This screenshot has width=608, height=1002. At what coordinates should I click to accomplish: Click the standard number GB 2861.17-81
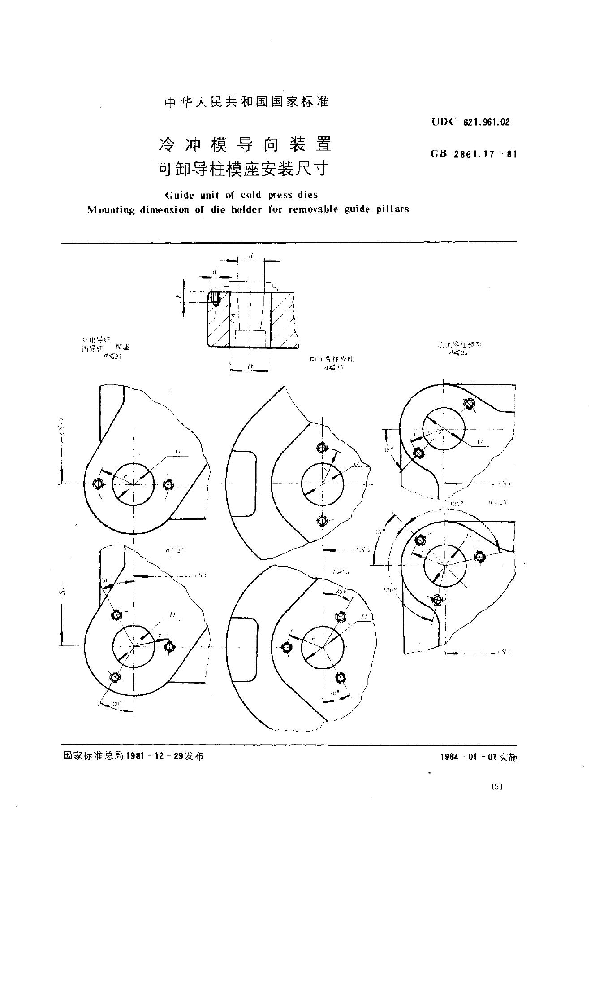click(x=474, y=154)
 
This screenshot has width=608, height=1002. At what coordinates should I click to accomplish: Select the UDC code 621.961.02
click(x=470, y=122)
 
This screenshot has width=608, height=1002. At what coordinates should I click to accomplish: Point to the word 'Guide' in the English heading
click(x=178, y=195)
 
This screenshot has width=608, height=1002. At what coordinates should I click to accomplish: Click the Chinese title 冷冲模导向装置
click(x=246, y=144)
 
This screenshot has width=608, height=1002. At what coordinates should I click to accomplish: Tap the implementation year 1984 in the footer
click(x=449, y=757)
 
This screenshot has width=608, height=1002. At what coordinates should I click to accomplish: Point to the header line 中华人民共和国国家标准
click(x=247, y=102)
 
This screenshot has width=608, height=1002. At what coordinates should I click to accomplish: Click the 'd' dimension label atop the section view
click(x=251, y=256)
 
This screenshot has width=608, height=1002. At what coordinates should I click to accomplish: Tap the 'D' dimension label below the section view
click(x=250, y=367)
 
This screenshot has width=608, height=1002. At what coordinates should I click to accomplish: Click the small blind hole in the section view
click(x=216, y=298)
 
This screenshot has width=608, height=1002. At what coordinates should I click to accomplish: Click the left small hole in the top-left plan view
click(x=98, y=484)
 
